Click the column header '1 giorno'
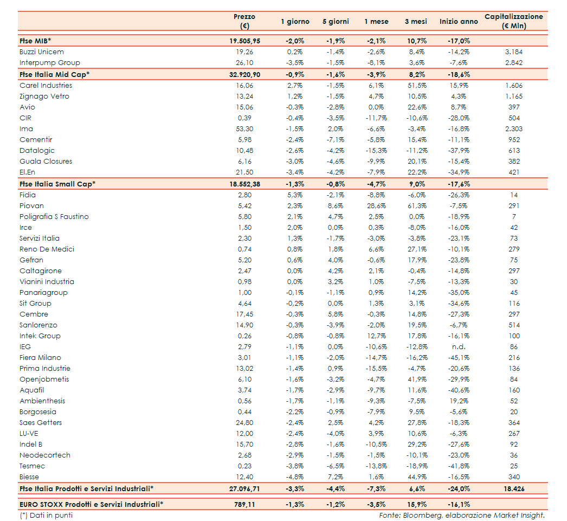295,22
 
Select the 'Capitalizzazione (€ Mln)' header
513,21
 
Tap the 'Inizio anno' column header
459,22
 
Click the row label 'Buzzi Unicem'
42,52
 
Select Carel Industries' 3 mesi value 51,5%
417,86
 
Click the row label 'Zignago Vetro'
44,97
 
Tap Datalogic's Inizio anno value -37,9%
459,151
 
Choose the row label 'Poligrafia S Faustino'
54,217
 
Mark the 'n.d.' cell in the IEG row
459,347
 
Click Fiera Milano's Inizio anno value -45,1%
459,358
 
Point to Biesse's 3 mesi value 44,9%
417,477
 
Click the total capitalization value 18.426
513,489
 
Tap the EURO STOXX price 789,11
244,504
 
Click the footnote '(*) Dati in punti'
46,515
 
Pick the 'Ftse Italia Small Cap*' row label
57,184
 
